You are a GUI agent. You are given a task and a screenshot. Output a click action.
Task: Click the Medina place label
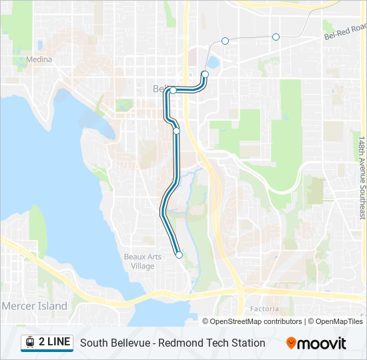39,59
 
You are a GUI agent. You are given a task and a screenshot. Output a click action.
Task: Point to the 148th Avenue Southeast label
361,178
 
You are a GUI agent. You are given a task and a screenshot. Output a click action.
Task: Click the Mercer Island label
35,306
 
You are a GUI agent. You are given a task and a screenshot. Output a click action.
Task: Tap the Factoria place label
264,309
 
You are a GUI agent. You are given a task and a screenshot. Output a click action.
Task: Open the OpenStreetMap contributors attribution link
256,321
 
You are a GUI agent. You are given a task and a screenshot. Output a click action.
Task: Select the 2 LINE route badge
47,342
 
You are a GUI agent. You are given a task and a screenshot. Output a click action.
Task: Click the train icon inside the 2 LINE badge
30,342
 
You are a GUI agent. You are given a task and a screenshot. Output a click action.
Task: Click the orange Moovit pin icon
291,343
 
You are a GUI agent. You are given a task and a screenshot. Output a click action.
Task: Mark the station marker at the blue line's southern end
179,255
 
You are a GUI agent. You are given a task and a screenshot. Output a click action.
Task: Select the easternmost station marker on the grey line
276,37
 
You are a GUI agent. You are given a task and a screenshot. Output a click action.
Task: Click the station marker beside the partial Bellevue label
173,90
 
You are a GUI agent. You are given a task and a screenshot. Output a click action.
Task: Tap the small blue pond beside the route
213,63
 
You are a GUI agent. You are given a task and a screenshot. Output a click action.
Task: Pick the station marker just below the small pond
205,75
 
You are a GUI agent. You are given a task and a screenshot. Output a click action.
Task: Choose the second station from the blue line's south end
177,131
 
